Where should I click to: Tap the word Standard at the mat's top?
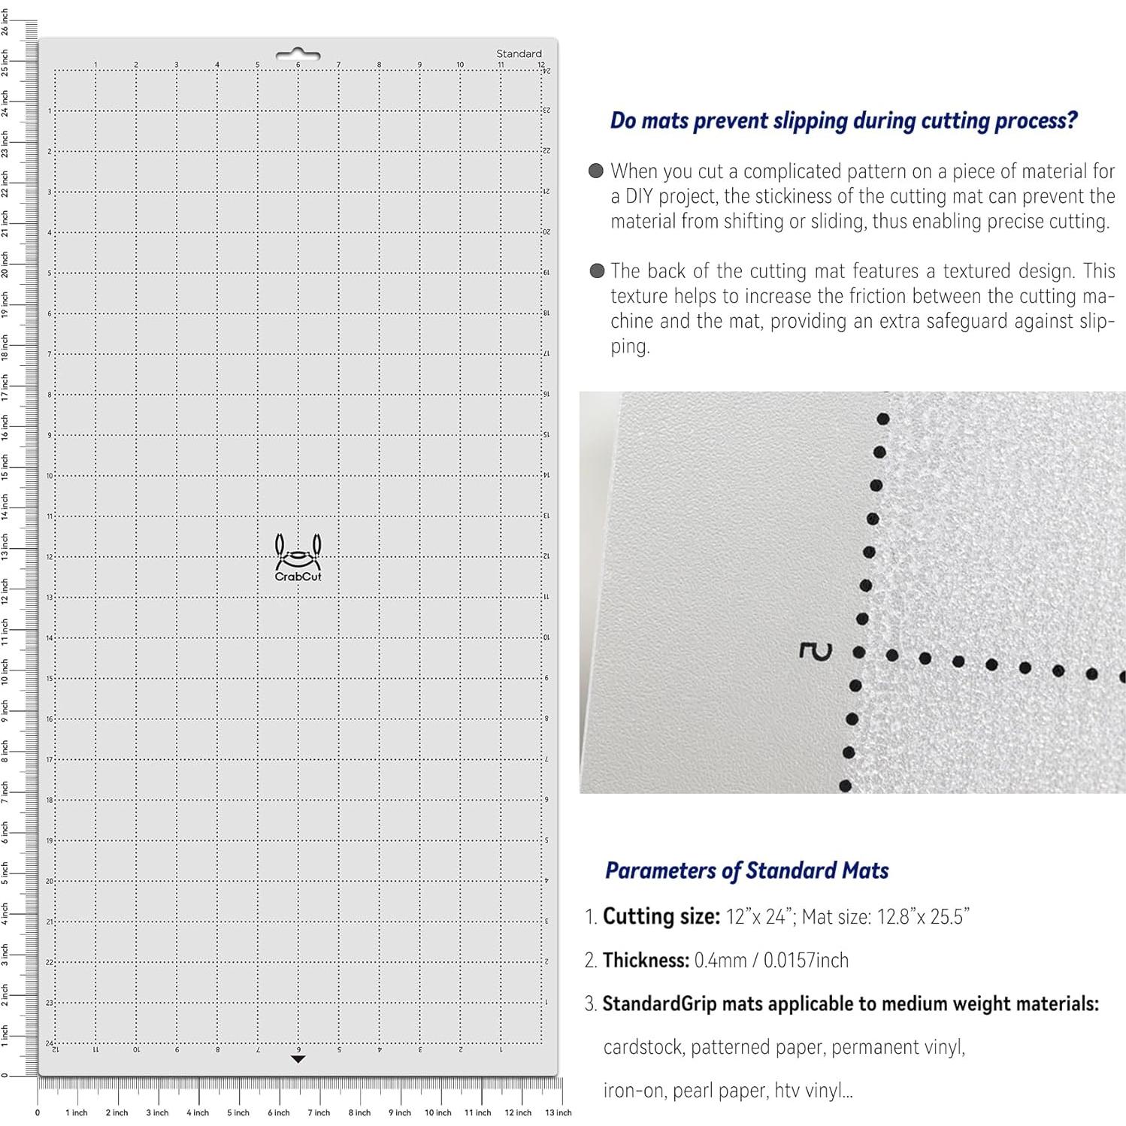(519, 53)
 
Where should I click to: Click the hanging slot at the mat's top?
(298, 54)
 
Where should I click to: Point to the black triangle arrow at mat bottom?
(298, 1059)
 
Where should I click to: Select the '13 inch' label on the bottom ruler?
(558, 1112)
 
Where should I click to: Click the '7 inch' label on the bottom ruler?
(319, 1112)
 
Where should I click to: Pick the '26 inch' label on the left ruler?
(5, 22)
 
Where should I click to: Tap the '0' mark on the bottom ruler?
(38, 1112)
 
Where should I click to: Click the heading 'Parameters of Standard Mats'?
(746, 870)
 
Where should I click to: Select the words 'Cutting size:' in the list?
(661, 916)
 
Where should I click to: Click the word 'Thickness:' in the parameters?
(646, 960)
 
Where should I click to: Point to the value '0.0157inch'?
(806, 960)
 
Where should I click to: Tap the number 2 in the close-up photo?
(816, 652)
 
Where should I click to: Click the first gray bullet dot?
(596, 171)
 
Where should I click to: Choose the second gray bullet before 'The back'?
(597, 271)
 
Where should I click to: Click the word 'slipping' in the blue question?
(810, 120)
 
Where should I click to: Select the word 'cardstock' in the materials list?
(643, 1047)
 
